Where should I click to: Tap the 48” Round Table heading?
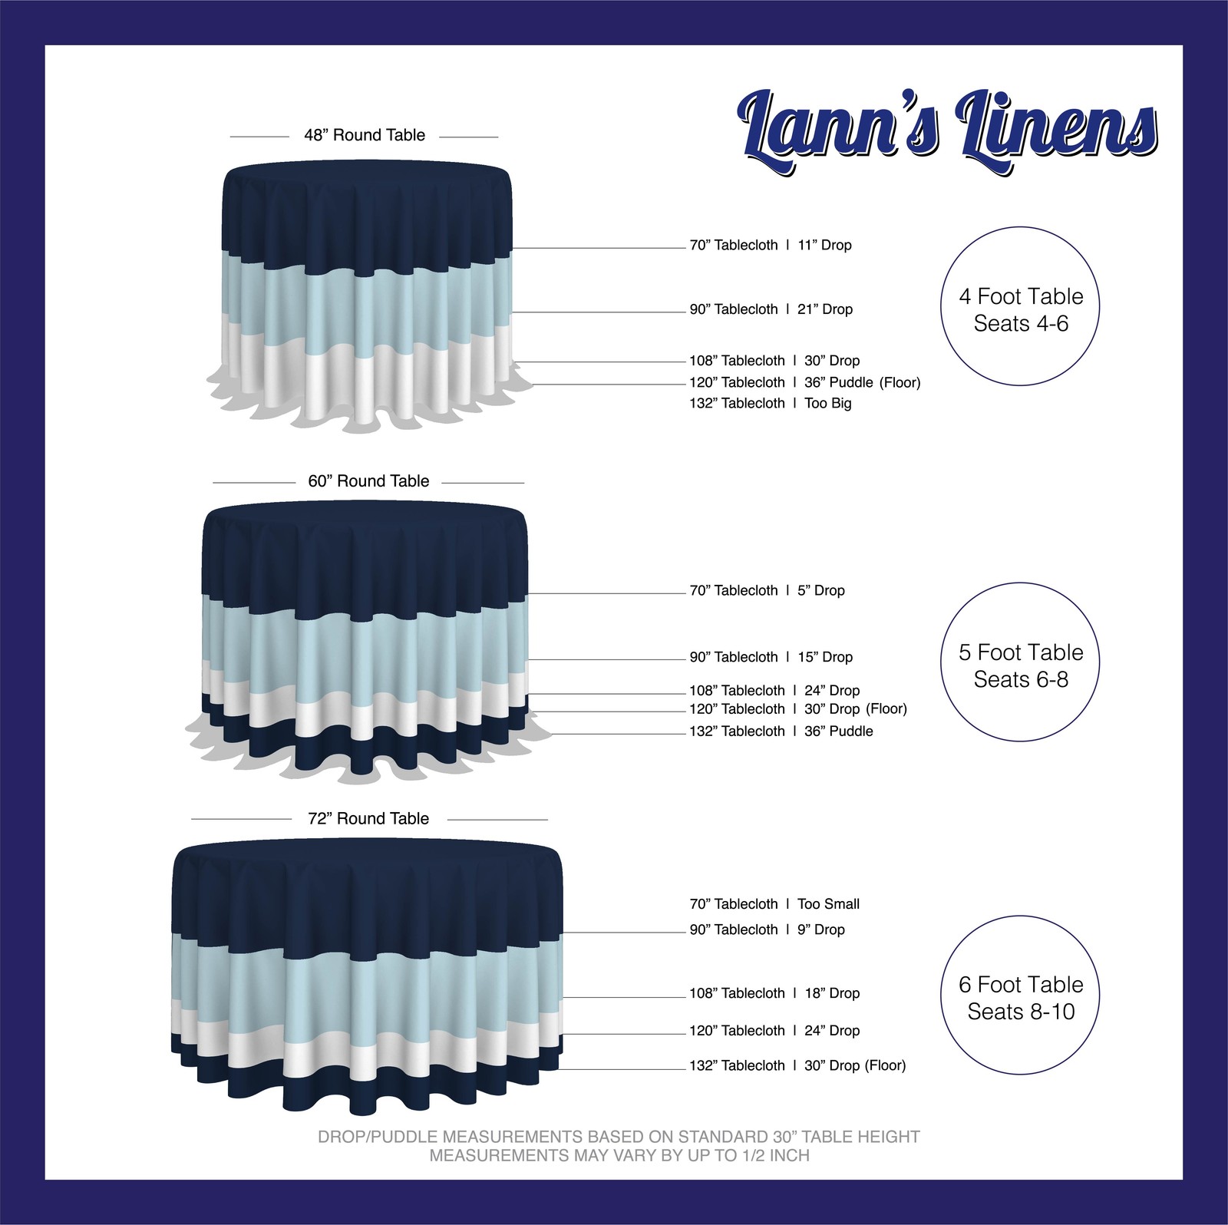pos(365,136)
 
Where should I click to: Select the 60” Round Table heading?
pos(368,481)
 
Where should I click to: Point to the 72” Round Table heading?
pos(368,819)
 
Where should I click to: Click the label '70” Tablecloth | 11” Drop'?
pos(771,246)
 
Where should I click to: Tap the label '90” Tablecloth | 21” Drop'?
pos(771,309)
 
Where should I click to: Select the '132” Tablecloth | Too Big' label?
pos(771,404)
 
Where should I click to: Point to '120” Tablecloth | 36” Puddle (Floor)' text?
pos(804,382)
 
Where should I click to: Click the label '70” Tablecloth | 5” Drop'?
pos(767,591)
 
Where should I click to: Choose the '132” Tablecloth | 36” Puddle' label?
pos(781,731)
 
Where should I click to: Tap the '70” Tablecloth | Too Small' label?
pos(774,904)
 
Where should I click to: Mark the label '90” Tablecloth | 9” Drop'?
pos(767,929)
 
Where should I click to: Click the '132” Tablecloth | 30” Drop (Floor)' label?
pos(797,1065)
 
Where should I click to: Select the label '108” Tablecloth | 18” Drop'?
pos(774,993)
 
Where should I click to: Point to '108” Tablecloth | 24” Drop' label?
pos(774,691)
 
